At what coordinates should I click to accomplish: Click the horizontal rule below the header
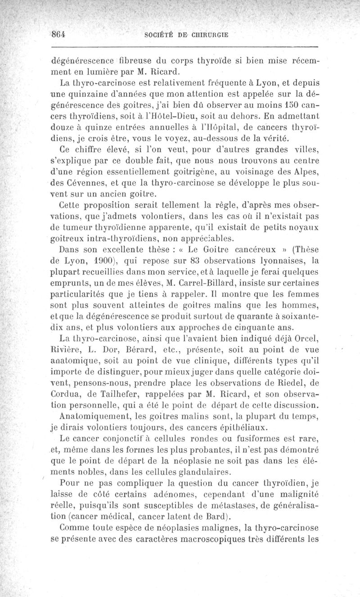pos(185,46)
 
